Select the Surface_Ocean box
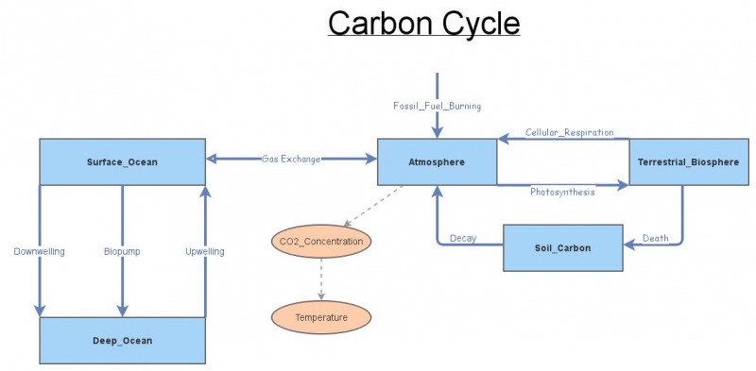[122, 161]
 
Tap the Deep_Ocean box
[122, 340]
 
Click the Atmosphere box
[437, 161]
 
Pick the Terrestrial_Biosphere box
[688, 161]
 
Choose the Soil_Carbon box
[562, 247]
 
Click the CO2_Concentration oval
[321, 242]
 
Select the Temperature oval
[321, 317]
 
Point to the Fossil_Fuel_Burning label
[438, 106]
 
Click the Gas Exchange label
[291, 159]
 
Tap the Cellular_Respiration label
[570, 132]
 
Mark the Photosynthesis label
[562, 192]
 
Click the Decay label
[463, 237]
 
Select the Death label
[656, 237]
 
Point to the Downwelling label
[39, 251]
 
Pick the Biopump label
[122, 251]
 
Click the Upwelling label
[205, 251]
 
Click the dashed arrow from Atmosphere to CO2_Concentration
[374, 205]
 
